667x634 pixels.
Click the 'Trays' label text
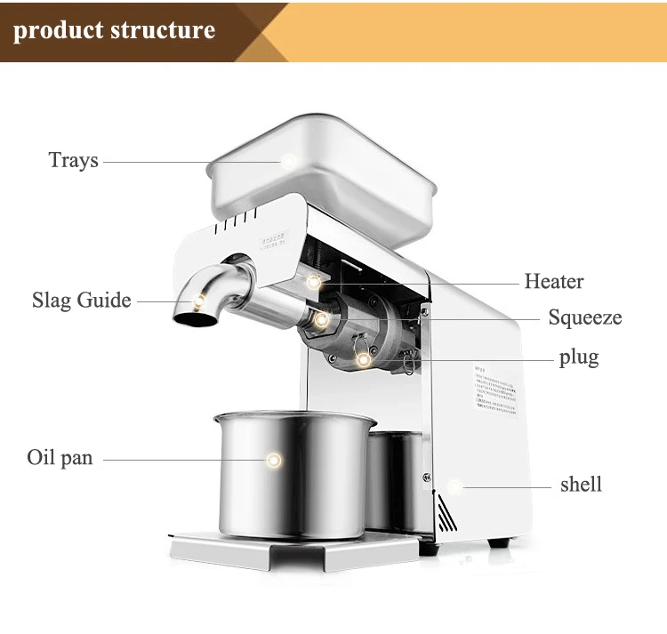pyautogui.click(x=73, y=161)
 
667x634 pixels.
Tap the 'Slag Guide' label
pyautogui.click(x=81, y=300)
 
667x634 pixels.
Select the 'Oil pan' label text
pyautogui.click(x=60, y=459)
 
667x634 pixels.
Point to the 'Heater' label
pyautogui.click(x=553, y=282)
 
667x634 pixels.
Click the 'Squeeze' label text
pyautogui.click(x=584, y=317)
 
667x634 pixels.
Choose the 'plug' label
pyautogui.click(x=578, y=357)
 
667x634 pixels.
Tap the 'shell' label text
pyautogui.click(x=581, y=485)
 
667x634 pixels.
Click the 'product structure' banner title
pyautogui.click(x=115, y=30)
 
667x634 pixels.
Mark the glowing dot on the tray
pyautogui.click(x=288, y=160)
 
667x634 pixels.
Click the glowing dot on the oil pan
pyautogui.click(x=273, y=460)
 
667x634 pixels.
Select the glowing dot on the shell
pyautogui.click(x=455, y=486)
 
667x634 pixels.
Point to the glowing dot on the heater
pyautogui.click(x=314, y=282)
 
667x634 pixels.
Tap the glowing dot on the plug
pyautogui.click(x=363, y=359)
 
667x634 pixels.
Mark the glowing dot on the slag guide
pyautogui.click(x=204, y=300)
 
